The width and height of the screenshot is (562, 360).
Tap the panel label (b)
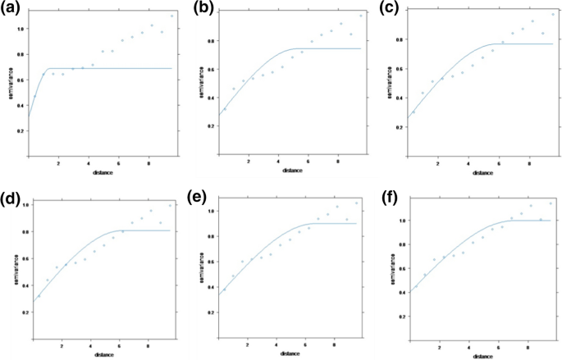[x=202, y=11]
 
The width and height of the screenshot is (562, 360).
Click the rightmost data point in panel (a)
[x=171, y=16]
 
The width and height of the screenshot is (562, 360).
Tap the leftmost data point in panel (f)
[x=417, y=286]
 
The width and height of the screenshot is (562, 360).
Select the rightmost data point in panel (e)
[x=356, y=203]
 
